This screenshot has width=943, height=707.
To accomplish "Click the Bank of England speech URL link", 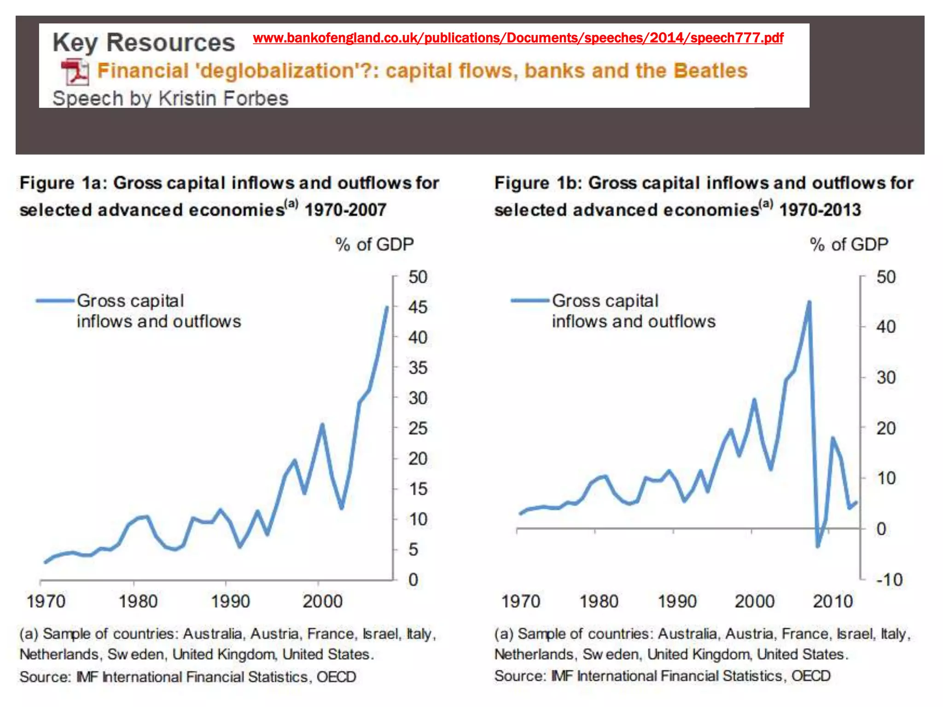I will [x=518, y=38].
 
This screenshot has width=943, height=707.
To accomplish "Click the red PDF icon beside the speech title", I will [x=75, y=72].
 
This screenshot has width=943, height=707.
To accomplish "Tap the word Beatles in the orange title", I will [x=710, y=71].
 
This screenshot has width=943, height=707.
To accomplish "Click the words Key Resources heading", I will [x=144, y=42].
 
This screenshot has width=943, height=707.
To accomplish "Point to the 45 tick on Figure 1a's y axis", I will [x=418, y=307].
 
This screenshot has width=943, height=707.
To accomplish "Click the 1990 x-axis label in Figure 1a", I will [x=230, y=601].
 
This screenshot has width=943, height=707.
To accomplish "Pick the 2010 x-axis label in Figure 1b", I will [x=832, y=601].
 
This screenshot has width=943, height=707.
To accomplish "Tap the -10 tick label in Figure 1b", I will [x=889, y=580].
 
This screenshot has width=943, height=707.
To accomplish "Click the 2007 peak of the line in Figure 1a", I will [x=387, y=307].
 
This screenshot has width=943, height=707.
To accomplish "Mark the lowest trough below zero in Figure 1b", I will [x=818, y=546].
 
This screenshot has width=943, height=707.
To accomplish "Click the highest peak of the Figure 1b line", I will [x=809, y=302].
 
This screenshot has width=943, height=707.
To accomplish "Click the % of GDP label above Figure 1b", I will [x=849, y=244].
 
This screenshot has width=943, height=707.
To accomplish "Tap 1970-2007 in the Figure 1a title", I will [x=345, y=210].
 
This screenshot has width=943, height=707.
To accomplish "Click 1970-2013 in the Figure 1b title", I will [x=820, y=210].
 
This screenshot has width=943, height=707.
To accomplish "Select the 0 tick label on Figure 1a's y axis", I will [x=413, y=580].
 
